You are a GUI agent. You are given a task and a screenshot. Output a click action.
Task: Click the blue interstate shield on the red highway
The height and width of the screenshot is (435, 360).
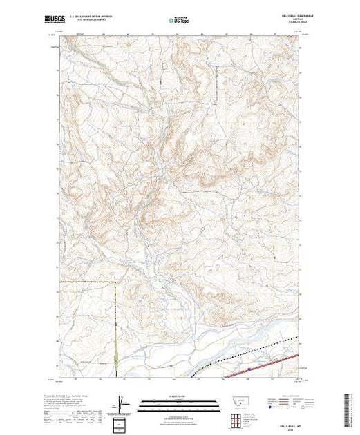pos(247,370)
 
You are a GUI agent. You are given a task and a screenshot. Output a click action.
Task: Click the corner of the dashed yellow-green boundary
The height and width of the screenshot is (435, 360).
pos(117,282)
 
